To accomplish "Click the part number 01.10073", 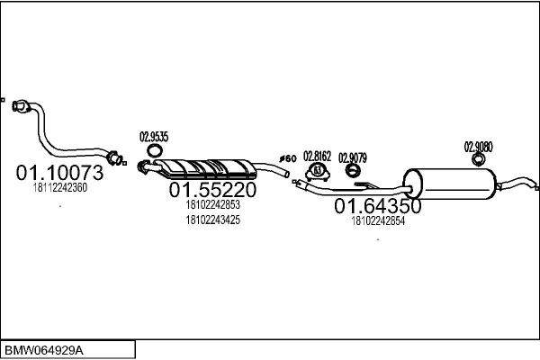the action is coord(59,172).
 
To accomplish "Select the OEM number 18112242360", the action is coord(60,188).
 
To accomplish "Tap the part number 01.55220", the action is coord(212,190).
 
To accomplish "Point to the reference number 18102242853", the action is coord(212,204).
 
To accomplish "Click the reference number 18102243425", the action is coord(212,220).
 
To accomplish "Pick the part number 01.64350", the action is coord(378,206).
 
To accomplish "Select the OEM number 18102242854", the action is coord(378,220).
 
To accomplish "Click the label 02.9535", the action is coord(154,137).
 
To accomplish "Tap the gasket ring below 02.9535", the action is coord(155,150).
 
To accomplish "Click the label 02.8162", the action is coord(317,156).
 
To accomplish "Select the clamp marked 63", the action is coord(318,171).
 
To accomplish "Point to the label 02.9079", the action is coord(353,157).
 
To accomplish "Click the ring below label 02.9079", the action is coord(353,170).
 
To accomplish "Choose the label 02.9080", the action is coord(479,147).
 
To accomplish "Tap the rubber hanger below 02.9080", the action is coord(479,159).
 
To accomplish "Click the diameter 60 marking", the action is coord(288,158).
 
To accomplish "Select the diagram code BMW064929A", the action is coord(44,351).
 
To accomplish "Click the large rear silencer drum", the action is coord(450,184).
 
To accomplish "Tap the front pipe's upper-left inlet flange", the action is coord(21,106).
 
